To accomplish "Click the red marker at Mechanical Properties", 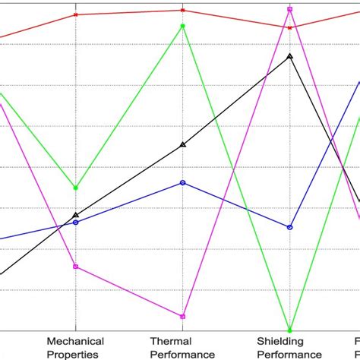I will tap(75, 14).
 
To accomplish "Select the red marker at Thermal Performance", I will tap(182, 10).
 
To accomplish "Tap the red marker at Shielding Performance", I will tap(289, 27).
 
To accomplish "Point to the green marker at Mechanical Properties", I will tap(75, 188).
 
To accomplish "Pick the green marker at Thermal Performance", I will tap(182, 27).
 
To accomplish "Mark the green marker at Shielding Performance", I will tap(289, 329).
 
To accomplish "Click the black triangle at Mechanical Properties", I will tap(75, 215).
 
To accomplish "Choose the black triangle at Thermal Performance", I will tap(182, 144).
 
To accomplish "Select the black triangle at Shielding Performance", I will tap(289, 56).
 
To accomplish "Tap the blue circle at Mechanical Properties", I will tap(75, 223).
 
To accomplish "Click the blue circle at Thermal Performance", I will tap(182, 182).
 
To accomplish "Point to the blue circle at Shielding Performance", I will tap(289, 227).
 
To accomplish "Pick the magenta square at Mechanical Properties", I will tap(75, 267).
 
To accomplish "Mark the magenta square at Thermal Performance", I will tap(182, 316).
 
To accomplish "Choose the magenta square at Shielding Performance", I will tap(289, 9).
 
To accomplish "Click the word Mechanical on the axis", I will tap(75, 341).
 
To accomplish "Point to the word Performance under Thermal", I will tap(182, 353).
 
